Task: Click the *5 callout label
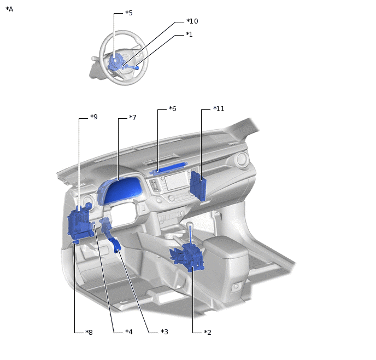(x=129, y=13)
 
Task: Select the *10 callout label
(x=192, y=21)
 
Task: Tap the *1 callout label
(x=189, y=34)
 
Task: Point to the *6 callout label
(x=172, y=109)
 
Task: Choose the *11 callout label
(x=219, y=109)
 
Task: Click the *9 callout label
(x=94, y=117)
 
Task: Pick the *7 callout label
(x=133, y=118)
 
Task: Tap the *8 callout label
(x=89, y=333)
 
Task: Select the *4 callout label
(x=129, y=332)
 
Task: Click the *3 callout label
(x=164, y=332)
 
